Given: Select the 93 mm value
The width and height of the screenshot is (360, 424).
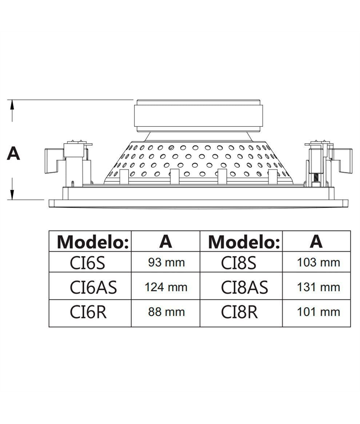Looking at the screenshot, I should click(x=166, y=262).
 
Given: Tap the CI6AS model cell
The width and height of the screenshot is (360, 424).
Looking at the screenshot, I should click(x=92, y=287).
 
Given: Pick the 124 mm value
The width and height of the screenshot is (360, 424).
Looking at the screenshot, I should click(x=166, y=287).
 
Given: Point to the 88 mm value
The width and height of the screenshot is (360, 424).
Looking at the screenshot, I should click(x=166, y=312).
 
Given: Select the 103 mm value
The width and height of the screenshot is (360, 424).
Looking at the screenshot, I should click(x=319, y=262).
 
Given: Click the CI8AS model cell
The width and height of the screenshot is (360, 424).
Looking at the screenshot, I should click(x=243, y=287).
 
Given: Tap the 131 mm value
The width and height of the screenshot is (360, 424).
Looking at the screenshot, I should click(x=319, y=287).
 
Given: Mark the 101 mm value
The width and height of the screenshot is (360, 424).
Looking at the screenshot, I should click(x=319, y=312).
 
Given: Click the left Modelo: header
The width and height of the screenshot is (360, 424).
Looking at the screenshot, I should click(x=93, y=242).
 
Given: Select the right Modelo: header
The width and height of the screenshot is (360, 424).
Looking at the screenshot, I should click(x=244, y=242).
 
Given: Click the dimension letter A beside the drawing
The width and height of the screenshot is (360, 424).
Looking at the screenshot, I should click(x=14, y=153).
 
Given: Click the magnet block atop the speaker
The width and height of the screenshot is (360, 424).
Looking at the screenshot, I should click(x=197, y=115).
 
